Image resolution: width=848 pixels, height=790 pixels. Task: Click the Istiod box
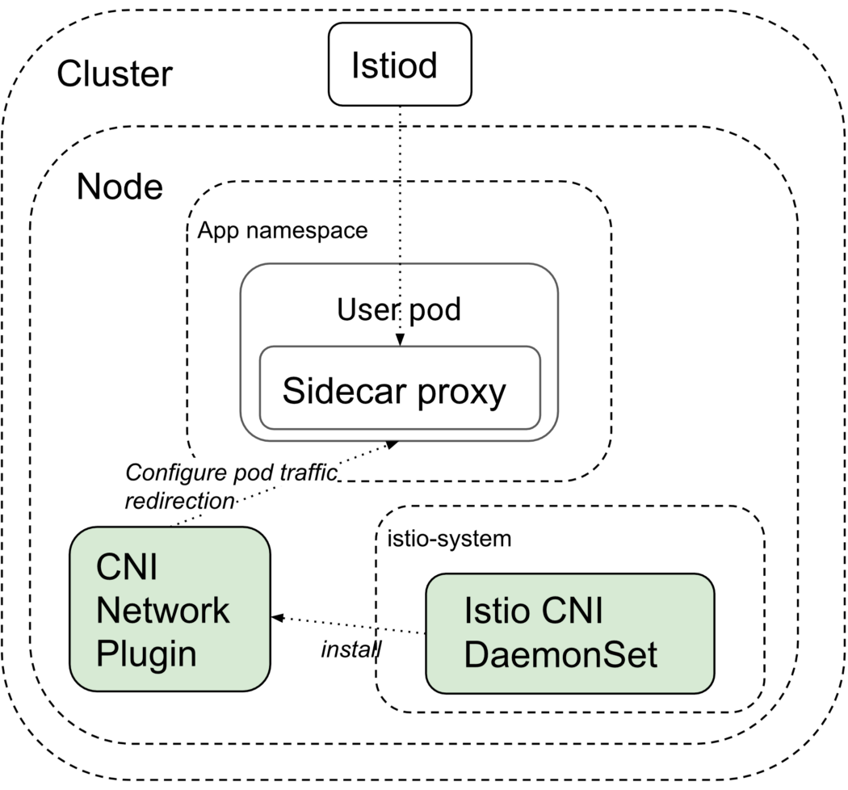pyautogui.click(x=399, y=65)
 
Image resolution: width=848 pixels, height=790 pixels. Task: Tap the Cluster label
pyautogui.click(x=115, y=74)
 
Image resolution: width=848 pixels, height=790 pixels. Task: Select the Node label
pyautogui.click(x=120, y=187)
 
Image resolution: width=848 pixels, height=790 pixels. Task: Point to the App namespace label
pyautogui.click(x=283, y=231)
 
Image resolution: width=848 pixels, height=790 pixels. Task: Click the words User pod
pyautogui.click(x=399, y=309)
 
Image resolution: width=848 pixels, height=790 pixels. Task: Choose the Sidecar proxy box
pyautogui.click(x=399, y=389)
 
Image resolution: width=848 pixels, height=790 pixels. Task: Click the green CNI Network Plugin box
pyautogui.click(x=170, y=608)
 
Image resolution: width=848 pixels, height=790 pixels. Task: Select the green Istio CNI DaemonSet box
pyautogui.click(x=569, y=633)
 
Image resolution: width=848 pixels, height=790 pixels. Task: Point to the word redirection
pyautogui.click(x=179, y=500)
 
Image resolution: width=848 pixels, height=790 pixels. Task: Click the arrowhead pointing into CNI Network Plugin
pyautogui.click(x=276, y=618)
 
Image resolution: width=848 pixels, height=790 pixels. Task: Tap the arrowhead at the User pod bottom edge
pyautogui.click(x=393, y=443)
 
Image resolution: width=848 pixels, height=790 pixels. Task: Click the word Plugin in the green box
pyautogui.click(x=146, y=653)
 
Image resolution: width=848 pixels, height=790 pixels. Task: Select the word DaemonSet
pyautogui.click(x=561, y=655)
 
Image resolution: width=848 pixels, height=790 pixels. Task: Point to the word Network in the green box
pyautogui.click(x=163, y=610)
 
